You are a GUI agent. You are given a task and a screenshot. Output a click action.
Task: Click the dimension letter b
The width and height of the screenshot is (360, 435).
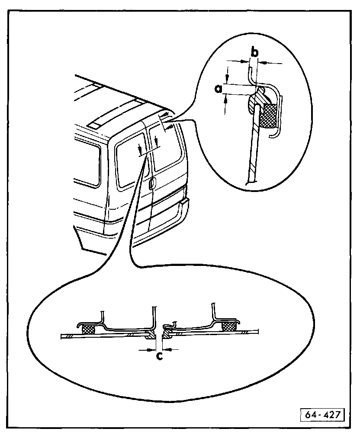pos(255,52)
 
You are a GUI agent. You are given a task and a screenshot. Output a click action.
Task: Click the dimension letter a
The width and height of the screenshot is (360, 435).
pos(219,89)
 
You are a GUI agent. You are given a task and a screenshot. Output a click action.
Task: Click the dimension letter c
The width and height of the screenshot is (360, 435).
pos(160,356)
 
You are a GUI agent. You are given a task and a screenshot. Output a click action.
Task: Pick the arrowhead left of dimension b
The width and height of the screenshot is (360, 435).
pos(246,61)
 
